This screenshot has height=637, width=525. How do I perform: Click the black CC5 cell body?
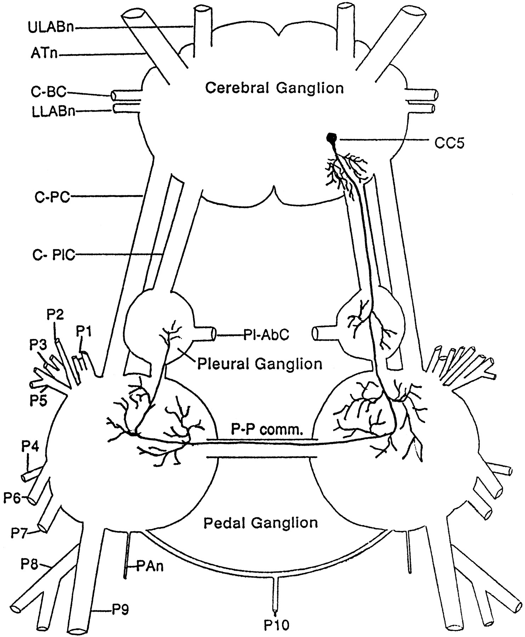point(332,138)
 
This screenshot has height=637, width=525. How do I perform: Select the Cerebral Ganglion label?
point(275,88)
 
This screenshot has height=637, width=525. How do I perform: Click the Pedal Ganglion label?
point(260,522)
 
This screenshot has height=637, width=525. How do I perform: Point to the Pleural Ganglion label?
point(260,363)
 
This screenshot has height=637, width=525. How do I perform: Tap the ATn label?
point(43,55)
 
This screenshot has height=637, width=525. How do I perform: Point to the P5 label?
point(38,401)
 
